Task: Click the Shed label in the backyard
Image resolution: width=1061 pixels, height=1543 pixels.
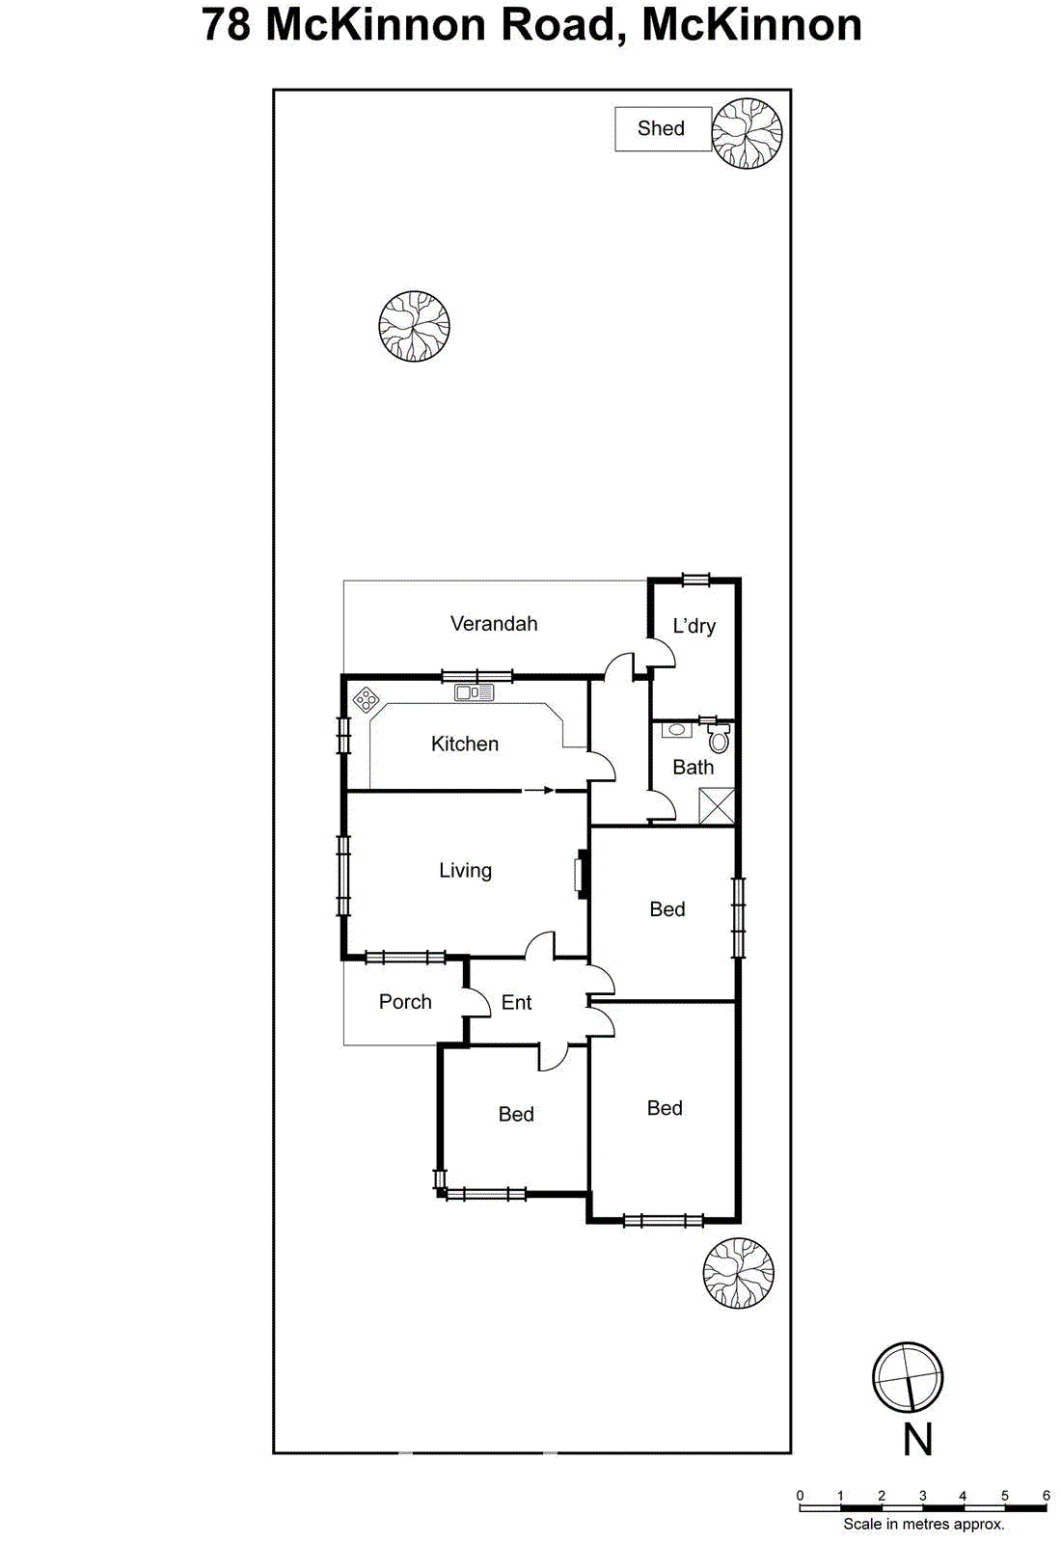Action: (x=661, y=128)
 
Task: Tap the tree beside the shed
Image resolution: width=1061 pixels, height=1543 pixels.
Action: (x=747, y=133)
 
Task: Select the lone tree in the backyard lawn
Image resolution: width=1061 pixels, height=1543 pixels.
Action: (x=414, y=326)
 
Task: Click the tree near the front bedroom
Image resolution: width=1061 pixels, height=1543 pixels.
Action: (x=738, y=1273)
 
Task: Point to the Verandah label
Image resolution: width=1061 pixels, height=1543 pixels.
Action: (x=494, y=624)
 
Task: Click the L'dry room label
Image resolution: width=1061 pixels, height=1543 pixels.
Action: (x=694, y=626)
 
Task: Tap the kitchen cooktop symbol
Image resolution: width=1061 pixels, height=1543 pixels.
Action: (x=366, y=699)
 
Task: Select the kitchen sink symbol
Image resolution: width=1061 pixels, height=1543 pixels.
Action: (x=474, y=692)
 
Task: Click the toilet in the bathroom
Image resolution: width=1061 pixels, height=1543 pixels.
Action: (x=719, y=740)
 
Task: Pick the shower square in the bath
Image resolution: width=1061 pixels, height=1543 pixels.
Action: (x=717, y=806)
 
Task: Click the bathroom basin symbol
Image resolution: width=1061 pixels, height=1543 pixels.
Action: (x=677, y=730)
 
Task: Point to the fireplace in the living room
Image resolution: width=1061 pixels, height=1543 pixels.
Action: (x=582, y=874)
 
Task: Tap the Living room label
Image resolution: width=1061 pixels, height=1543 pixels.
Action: (x=465, y=871)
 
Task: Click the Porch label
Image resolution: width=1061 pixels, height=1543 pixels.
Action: (x=405, y=1002)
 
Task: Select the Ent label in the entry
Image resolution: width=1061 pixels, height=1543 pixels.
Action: (x=516, y=1003)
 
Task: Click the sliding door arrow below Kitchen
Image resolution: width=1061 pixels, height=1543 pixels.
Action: (x=539, y=791)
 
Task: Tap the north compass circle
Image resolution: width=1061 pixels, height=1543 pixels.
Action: (x=907, y=1377)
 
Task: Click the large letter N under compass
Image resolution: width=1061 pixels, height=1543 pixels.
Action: (x=917, y=1440)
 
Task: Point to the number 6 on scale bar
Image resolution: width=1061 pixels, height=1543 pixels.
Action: (x=1046, y=1496)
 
